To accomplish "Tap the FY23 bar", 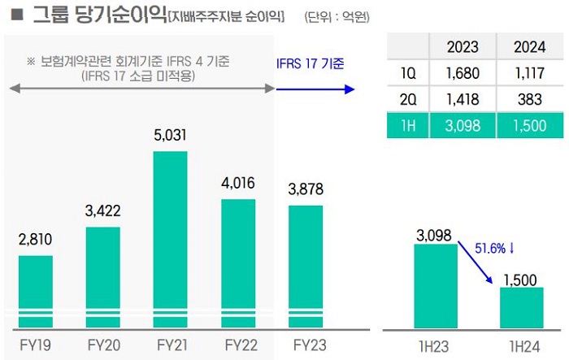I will point(306,265).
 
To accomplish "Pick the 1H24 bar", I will point(521,306).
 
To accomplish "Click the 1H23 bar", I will point(436,284).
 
